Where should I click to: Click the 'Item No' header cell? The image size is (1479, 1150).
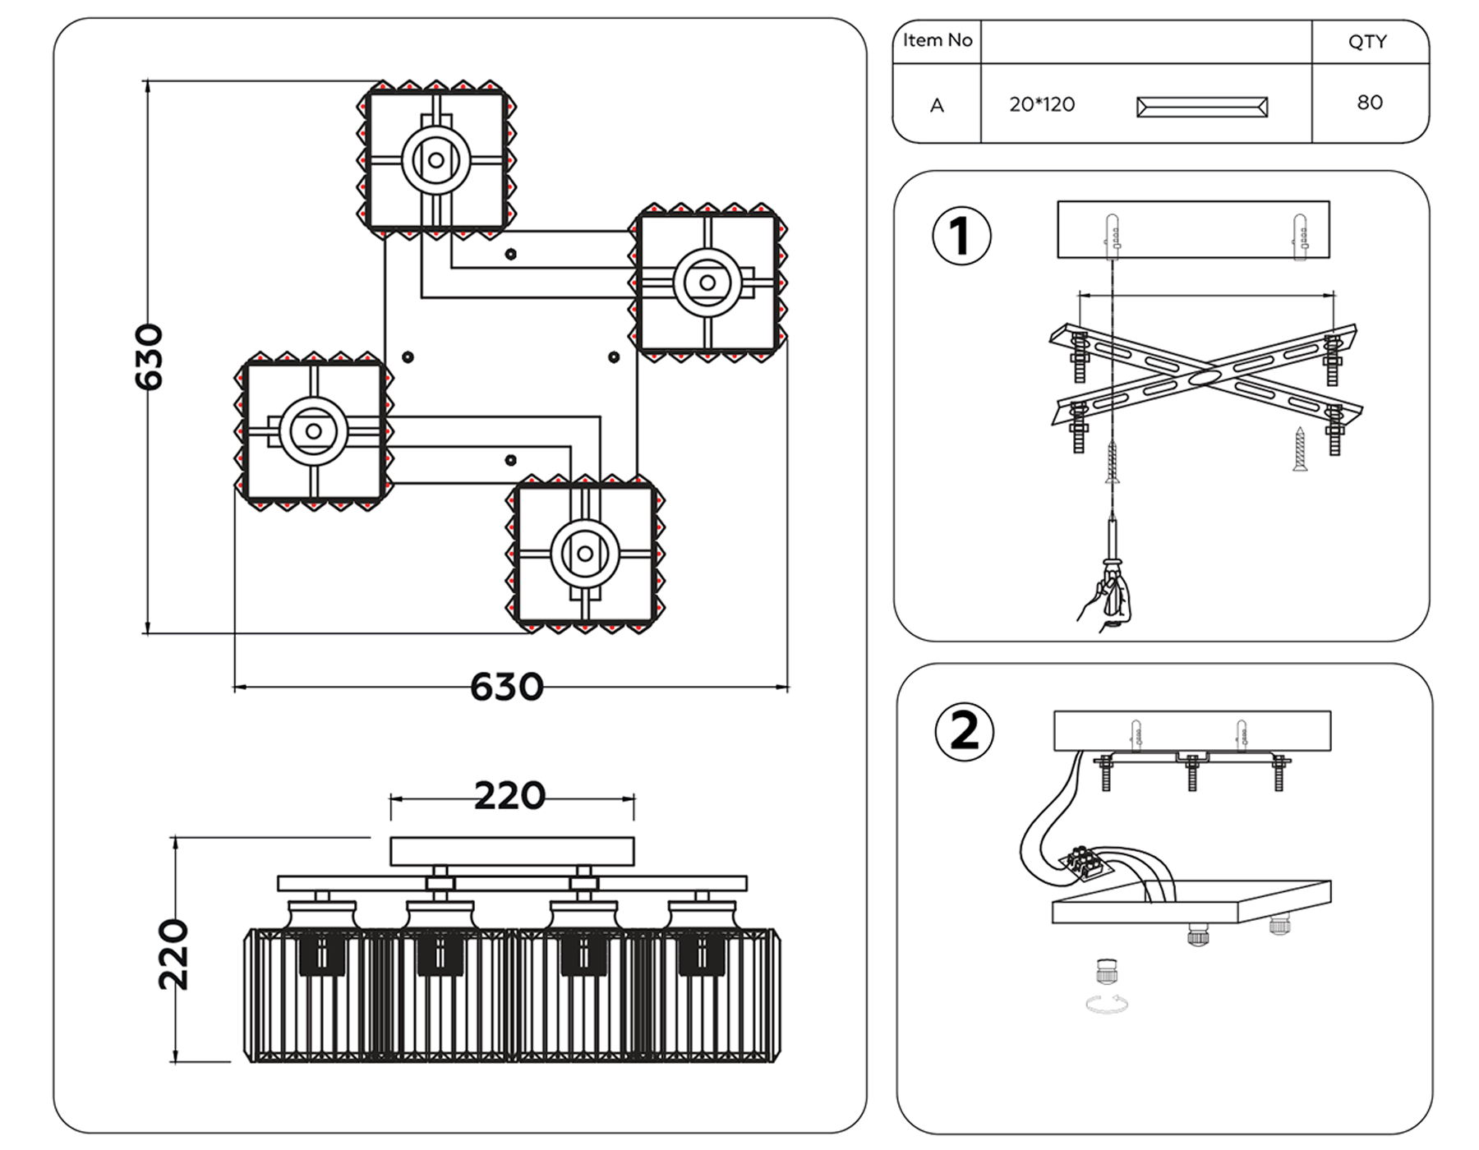[x=937, y=40]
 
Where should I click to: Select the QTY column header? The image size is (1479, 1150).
[x=1367, y=42]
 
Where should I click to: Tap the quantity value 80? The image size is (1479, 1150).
[x=1370, y=103]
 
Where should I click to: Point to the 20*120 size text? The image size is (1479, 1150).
[x=1042, y=105]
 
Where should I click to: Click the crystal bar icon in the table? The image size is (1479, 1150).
[x=1201, y=107]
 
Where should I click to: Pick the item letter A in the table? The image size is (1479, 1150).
[x=937, y=106]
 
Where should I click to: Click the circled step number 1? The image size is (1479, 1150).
[x=961, y=236]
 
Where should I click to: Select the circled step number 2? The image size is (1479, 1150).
[x=965, y=731]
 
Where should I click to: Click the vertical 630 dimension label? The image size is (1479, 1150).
[x=150, y=357]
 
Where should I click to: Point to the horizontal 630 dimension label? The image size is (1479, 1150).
[x=506, y=688]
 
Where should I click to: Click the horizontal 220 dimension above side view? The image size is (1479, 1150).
[x=509, y=796]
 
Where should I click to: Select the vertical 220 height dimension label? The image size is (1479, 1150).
[x=174, y=955]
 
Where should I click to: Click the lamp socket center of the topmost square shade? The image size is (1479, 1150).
[x=436, y=160]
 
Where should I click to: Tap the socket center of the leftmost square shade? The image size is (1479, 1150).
[x=313, y=431]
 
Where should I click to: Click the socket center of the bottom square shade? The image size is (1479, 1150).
[x=585, y=554]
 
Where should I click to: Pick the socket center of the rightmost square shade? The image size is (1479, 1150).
[x=707, y=283]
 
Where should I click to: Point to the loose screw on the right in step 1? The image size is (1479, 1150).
[x=1300, y=449]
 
